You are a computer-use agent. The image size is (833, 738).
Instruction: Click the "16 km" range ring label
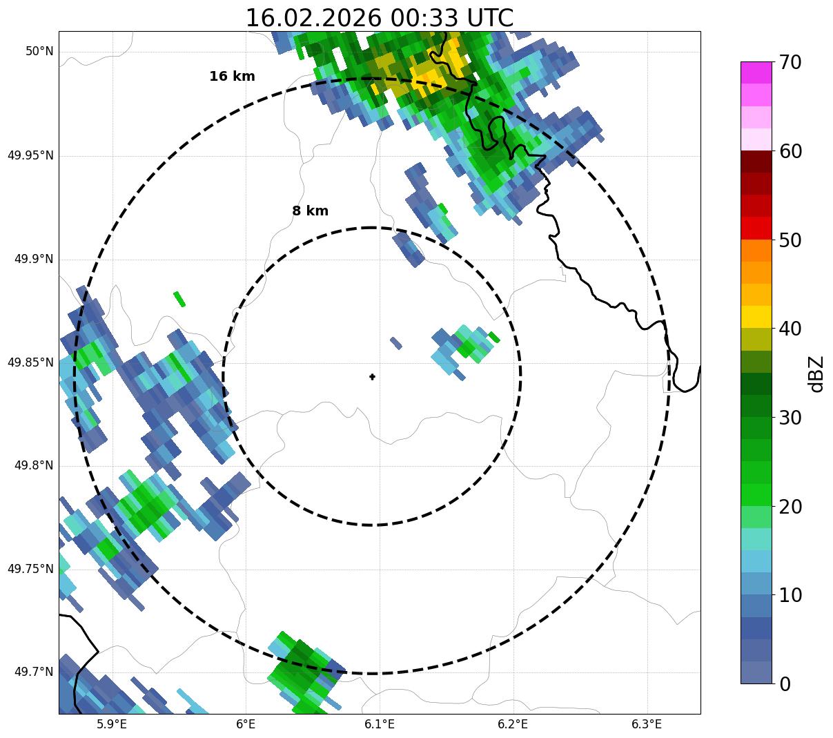point(232,77)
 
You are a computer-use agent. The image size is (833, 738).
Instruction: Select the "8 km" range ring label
point(310,211)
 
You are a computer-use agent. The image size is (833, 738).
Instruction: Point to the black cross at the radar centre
point(373,377)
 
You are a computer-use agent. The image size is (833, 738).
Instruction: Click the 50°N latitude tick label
point(39,52)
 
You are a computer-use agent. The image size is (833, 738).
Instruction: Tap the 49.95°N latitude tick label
point(30,155)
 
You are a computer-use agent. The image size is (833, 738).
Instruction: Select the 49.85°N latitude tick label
point(30,362)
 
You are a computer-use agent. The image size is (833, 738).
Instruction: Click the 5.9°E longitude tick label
point(112,724)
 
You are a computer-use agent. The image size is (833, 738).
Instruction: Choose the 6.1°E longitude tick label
point(380,724)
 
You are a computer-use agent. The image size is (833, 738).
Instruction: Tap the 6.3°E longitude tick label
point(647,724)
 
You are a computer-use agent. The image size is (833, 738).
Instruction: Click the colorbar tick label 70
point(791,63)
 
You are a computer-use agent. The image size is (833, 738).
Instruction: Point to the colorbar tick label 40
point(791,329)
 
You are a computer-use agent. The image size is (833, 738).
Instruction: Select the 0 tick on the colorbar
point(785,684)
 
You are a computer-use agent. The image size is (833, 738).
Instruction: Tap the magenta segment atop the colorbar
point(756,72)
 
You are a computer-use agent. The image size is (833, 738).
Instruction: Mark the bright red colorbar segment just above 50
point(756,228)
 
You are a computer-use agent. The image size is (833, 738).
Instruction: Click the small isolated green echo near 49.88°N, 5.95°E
point(179,299)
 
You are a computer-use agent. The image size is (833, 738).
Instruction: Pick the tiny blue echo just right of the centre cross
point(395,342)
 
